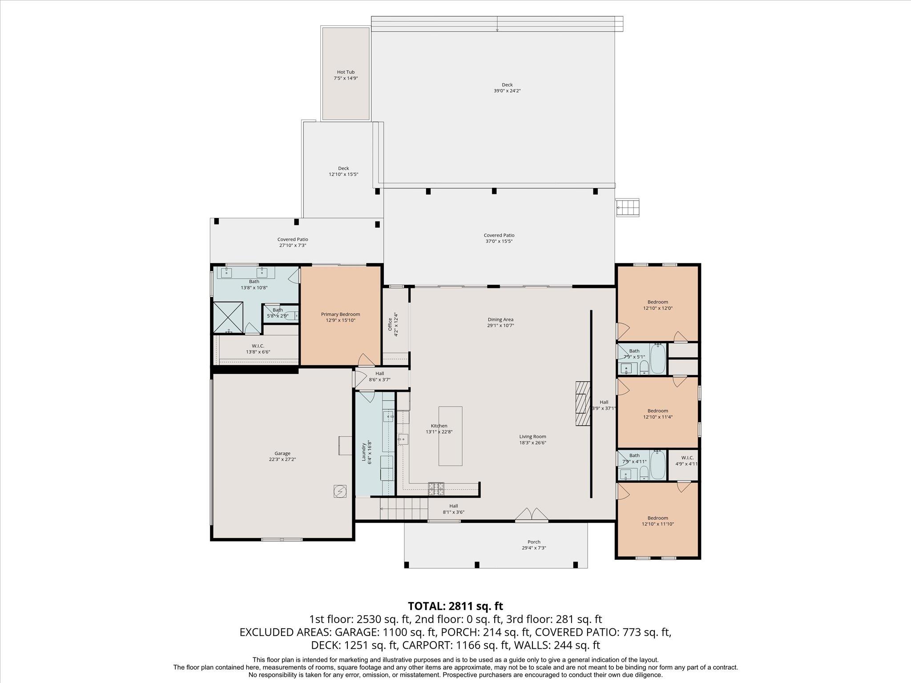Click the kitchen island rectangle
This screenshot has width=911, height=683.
click(x=450, y=436)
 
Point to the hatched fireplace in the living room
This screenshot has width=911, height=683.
click(x=582, y=403)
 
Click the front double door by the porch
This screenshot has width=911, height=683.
click(x=532, y=514)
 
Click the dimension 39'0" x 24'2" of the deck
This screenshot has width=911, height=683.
click(x=507, y=91)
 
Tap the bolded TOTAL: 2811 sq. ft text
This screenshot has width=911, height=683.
click(x=455, y=606)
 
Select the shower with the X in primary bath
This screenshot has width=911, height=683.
click(x=228, y=317)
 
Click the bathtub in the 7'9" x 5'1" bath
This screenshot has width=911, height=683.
click(x=658, y=359)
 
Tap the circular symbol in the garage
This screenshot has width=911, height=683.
click(x=339, y=491)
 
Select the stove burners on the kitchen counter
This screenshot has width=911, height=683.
click(x=436, y=489)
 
